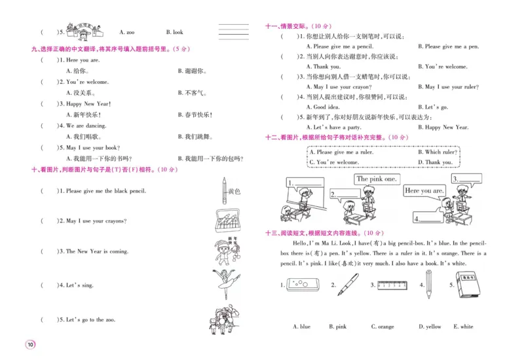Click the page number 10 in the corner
click(x=29, y=345)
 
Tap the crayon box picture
click(x=224, y=221)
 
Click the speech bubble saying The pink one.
click(x=376, y=179)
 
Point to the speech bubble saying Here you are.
click(x=424, y=190)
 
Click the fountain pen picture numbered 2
click(x=348, y=285)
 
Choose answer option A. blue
click(x=301, y=327)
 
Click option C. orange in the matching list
click(x=383, y=327)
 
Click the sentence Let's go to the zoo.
click(x=96, y=320)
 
